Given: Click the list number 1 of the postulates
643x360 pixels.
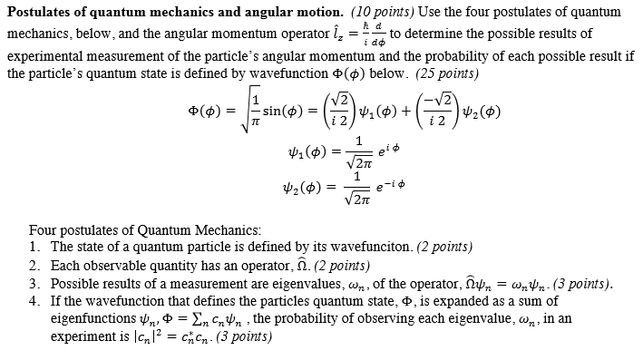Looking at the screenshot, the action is pyautogui.click(x=33, y=247).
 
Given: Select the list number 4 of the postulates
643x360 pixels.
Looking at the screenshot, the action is pyautogui.click(x=33, y=300).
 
